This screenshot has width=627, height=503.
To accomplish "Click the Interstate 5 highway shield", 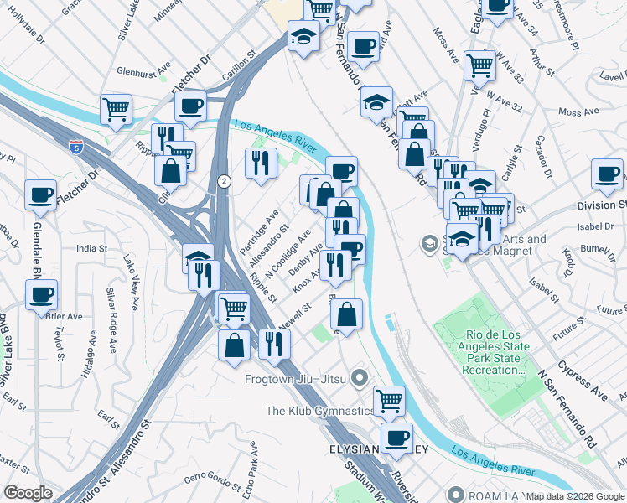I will point(77,148).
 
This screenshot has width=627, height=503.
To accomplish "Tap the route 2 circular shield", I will point(224,181).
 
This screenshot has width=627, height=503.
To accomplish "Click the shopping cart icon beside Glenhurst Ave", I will point(116,108).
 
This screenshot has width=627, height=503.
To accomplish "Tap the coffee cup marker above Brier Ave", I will point(41,294).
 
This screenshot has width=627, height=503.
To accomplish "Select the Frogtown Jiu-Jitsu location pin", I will point(360,379).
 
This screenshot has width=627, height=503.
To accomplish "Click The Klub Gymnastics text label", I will point(319,411).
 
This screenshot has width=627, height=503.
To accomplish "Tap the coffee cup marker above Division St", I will point(607,174).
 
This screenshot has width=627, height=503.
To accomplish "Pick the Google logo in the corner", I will point(28,492).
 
